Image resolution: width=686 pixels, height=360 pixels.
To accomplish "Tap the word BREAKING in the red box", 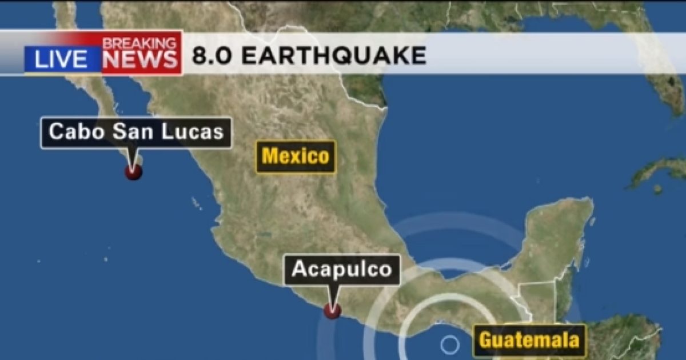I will (139, 43).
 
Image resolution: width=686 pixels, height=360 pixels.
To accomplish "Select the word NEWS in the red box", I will (141, 60).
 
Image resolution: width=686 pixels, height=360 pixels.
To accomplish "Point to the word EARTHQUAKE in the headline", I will (334, 56).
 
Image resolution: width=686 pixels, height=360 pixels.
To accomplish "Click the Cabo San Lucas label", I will (136, 133).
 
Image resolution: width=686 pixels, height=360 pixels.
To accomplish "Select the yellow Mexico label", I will (296, 156).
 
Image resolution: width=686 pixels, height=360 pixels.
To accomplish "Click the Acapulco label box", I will (342, 269).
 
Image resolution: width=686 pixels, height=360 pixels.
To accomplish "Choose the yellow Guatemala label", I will (529, 341).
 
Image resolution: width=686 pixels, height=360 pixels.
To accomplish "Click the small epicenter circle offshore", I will (450, 345).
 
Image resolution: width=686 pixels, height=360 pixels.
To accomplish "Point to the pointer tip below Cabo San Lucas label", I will (134, 164).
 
